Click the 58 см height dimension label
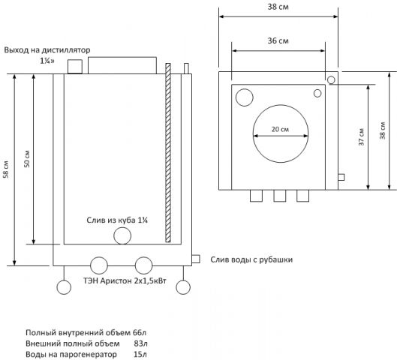6,169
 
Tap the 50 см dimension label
27,159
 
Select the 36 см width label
278,40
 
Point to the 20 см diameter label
280,129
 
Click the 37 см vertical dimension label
361,136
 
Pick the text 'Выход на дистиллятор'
47,49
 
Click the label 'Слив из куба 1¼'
117,220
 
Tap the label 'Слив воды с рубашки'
251,259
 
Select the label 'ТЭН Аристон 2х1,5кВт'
125,280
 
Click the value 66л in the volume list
140,332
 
